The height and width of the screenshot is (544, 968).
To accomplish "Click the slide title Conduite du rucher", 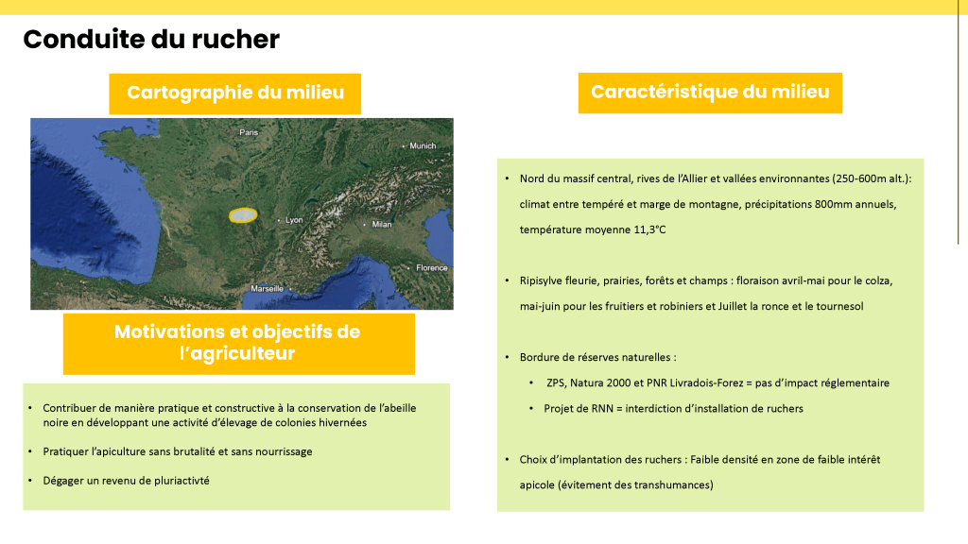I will point(151,40).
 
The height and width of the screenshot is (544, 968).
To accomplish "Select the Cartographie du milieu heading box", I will point(235,93).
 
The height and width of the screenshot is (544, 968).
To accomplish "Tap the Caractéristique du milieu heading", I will point(710,92).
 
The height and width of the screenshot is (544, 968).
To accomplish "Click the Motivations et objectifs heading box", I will point(238,343).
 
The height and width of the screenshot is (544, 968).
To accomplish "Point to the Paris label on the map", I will point(249,132).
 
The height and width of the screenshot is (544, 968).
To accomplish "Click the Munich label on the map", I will point(423,145).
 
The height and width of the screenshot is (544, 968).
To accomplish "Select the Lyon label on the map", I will point(294,219).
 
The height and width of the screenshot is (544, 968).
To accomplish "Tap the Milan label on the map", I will point(382,225).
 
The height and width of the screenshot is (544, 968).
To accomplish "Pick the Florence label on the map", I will point(432,267).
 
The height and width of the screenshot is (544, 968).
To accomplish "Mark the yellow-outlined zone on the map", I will point(243,214).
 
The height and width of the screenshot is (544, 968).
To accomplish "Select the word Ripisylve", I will point(542,281).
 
